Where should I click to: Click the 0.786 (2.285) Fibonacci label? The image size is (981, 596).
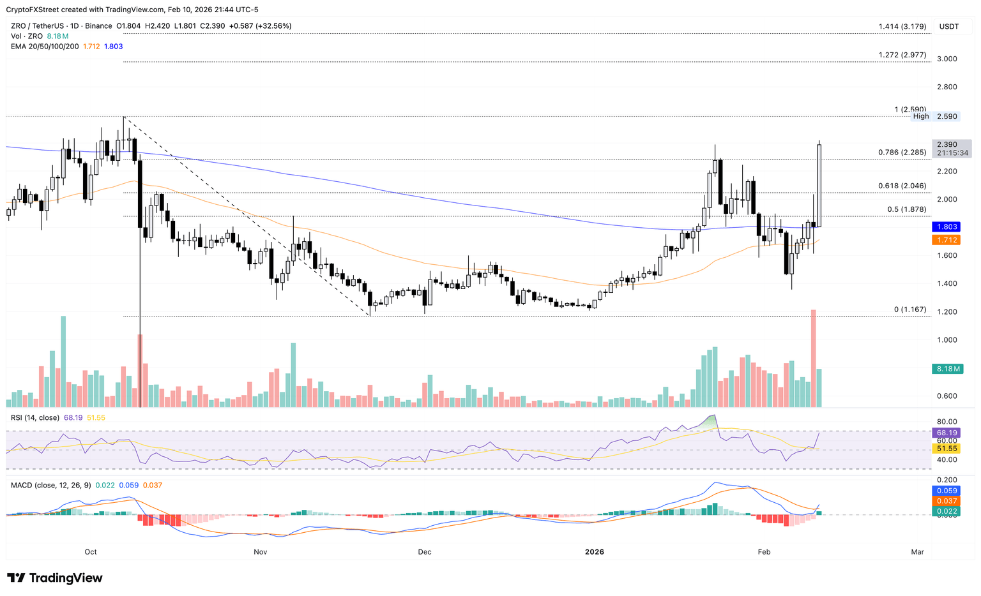click(902, 153)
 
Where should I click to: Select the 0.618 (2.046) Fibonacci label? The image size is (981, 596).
click(902, 186)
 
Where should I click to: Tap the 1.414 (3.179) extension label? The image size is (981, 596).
click(902, 26)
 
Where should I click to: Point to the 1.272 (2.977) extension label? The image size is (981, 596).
click(902, 55)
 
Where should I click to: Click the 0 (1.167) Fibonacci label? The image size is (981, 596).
click(909, 309)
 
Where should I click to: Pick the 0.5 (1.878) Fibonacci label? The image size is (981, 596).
click(906, 209)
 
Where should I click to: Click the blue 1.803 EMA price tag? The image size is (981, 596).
click(946, 227)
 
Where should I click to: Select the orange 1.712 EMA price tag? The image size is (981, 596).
click(946, 240)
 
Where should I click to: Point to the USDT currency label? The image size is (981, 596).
click(948, 26)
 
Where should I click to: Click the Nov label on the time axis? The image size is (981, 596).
click(259, 551)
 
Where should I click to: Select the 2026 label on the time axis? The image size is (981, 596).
click(594, 551)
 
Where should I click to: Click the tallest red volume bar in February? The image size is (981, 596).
click(813, 358)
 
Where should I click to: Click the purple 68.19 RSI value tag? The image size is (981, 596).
click(947, 433)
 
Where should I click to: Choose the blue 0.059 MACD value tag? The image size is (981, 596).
click(947, 491)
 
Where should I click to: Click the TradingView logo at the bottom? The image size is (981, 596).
click(55, 578)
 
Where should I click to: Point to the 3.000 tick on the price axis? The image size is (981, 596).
click(947, 59)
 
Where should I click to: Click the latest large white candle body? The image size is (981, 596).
click(819, 185)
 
